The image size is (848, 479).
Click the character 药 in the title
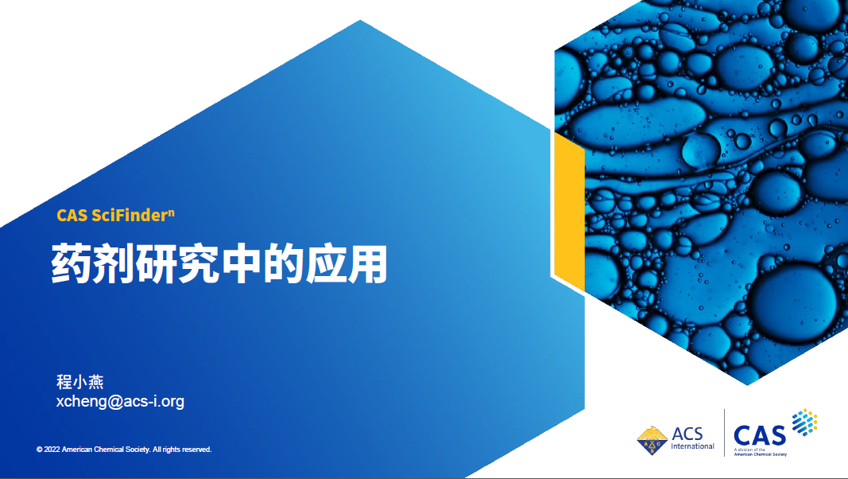coord(72,264)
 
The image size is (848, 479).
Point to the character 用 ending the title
coord(368,264)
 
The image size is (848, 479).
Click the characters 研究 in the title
coord(177,264)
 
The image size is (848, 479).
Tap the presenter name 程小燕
coord(80,382)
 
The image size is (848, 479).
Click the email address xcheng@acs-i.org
coord(120,402)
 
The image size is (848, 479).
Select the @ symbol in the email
coord(115,402)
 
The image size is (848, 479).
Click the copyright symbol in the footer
coord(40,450)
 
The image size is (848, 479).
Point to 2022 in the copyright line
coord(52,450)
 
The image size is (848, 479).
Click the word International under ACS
coord(692,446)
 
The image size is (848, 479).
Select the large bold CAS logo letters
coord(759,436)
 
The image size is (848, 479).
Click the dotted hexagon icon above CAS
coord(805,423)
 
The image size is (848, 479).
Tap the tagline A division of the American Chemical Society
coord(760,452)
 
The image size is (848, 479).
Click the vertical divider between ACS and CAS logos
coord(724,433)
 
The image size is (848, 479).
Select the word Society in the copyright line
coord(138,450)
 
